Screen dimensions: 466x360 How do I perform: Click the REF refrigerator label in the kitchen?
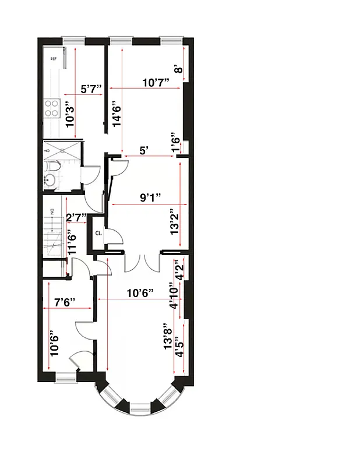pyautogui.click(x=53, y=59)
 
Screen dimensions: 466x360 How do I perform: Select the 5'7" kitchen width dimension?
pyautogui.click(x=91, y=89)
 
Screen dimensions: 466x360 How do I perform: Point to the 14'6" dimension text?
pyautogui.click(x=117, y=115)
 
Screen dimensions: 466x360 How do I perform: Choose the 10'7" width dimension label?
pyautogui.click(x=156, y=82)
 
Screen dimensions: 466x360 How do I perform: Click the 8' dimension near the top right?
pyautogui.click(x=179, y=69)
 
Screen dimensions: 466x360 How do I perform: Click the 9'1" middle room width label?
pyautogui.click(x=150, y=197)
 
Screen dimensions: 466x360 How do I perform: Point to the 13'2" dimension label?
pyautogui.click(x=174, y=222)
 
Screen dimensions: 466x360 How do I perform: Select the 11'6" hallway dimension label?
pyautogui.click(x=72, y=243)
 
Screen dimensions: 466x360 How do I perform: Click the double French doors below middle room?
pyautogui.click(x=142, y=262)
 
